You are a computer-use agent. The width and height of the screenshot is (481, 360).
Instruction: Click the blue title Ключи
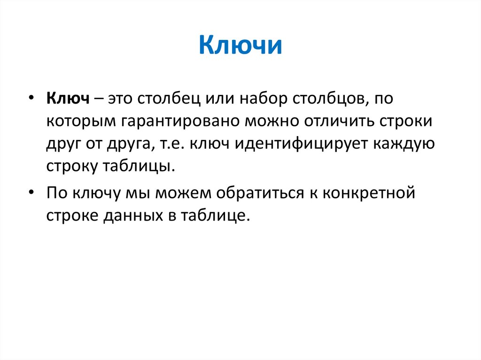pos(240,46)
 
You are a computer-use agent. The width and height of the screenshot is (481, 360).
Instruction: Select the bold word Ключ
pos(68,99)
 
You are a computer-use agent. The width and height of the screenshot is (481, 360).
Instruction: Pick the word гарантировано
pos(181,122)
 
